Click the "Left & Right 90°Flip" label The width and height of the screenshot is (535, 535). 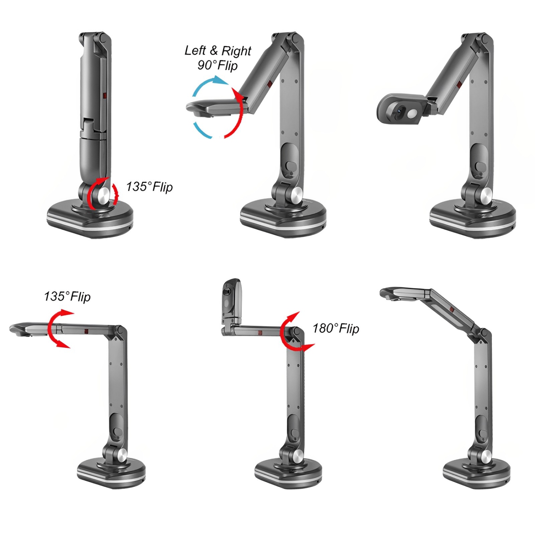tap(218, 58)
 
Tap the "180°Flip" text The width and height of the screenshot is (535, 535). tap(336, 328)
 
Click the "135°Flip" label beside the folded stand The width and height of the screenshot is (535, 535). tap(149, 187)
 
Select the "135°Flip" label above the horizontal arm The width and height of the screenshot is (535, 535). tap(67, 296)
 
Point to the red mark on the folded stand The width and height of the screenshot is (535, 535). tap(105, 96)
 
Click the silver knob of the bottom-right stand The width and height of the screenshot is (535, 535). tap(485, 456)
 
